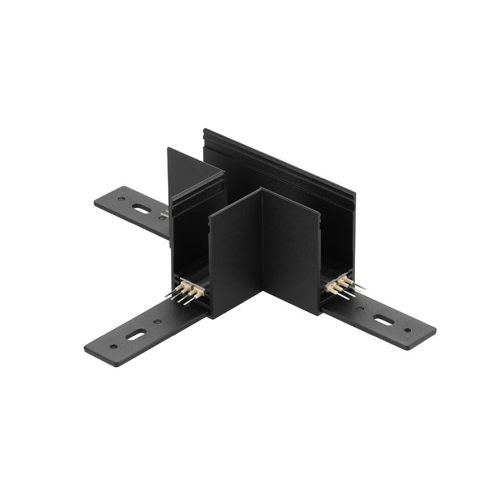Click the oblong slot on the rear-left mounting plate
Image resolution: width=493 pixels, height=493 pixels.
(141, 209)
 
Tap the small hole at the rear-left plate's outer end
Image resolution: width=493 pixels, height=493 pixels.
(121, 199)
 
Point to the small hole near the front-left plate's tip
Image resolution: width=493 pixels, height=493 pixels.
(113, 346)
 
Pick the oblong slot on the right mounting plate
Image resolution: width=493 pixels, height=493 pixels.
(383, 320)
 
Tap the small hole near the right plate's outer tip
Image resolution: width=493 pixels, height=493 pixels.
(407, 331)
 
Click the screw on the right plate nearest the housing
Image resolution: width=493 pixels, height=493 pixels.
(359, 309)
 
